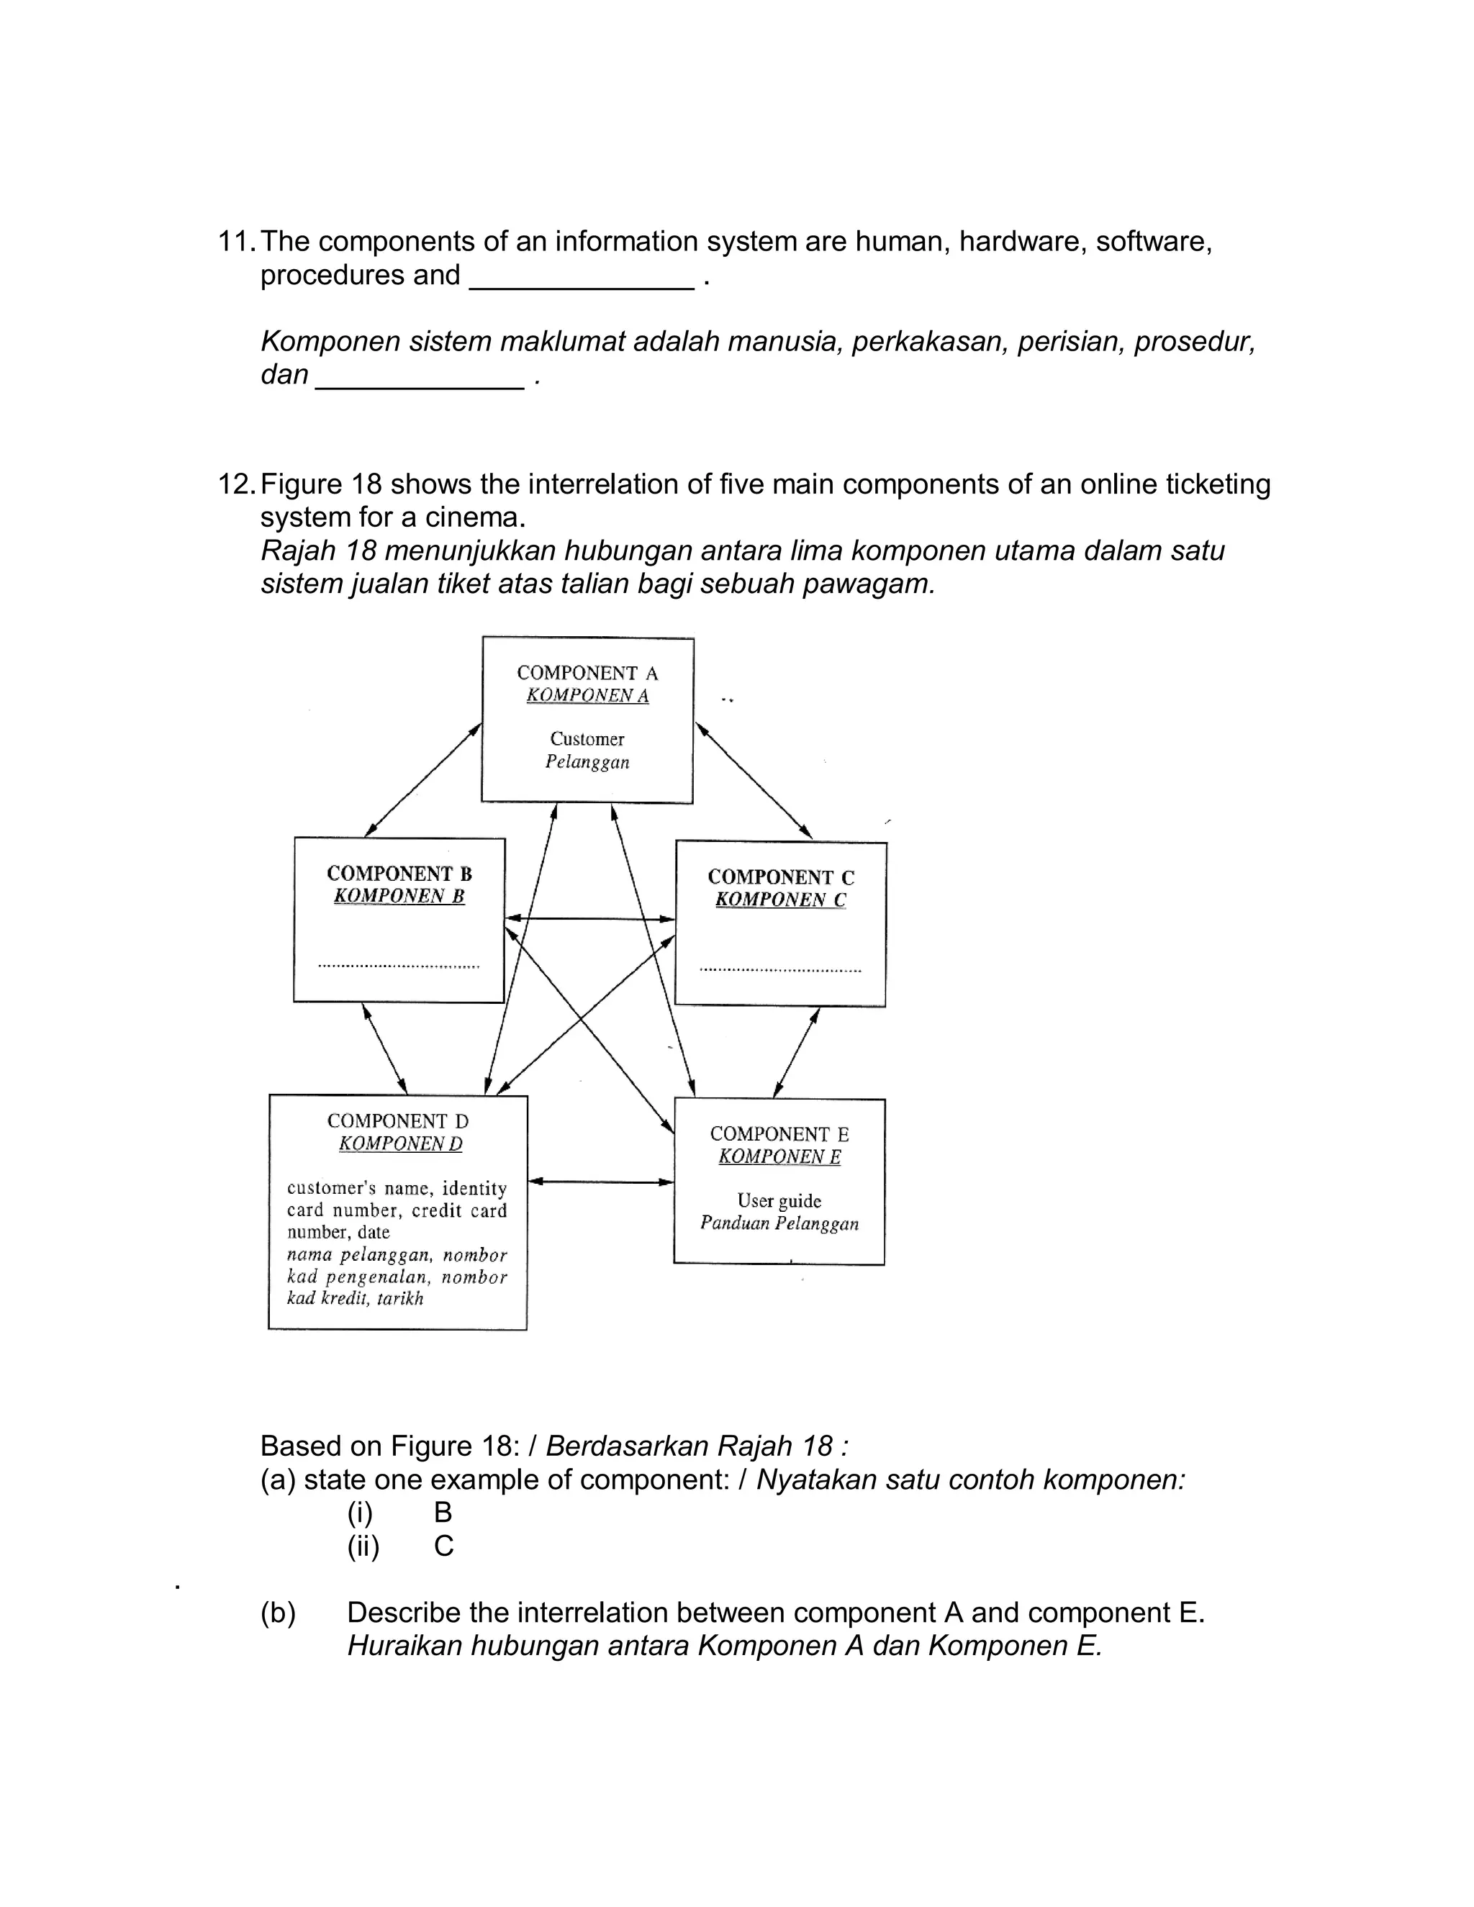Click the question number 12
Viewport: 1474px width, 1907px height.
236,484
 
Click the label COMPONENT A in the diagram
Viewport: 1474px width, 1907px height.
587,674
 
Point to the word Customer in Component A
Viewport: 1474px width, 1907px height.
587,739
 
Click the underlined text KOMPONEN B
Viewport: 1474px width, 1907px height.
399,896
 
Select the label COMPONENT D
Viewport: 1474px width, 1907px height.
397,1121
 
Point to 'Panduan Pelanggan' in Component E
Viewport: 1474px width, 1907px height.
779,1223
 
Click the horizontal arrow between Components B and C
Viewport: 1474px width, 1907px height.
590,918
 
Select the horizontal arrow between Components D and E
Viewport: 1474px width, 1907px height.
601,1182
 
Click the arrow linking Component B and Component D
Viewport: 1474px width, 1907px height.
385,1048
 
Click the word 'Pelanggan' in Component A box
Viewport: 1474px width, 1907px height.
587,761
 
